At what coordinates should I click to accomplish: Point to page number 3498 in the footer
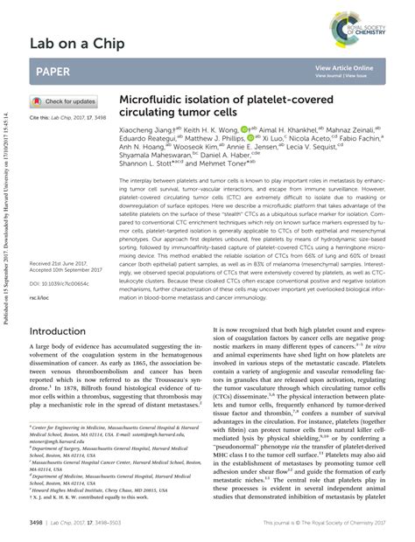tap(37, 522)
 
